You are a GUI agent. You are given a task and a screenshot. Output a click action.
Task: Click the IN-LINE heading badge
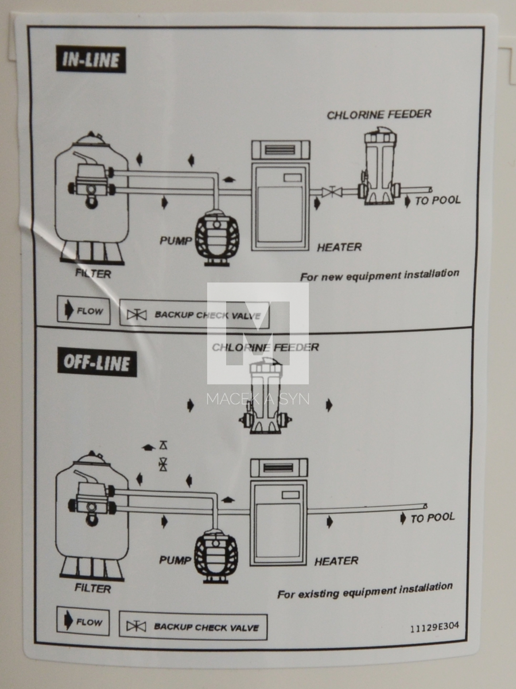pos(91,60)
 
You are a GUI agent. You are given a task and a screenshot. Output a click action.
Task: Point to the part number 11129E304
pos(434,628)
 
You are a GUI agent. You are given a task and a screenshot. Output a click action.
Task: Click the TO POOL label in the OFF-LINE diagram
pos(432,517)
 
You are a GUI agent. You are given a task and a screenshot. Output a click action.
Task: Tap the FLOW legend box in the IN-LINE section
pos(83,311)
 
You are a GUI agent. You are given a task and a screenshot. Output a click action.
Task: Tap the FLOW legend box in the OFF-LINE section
pos(83,622)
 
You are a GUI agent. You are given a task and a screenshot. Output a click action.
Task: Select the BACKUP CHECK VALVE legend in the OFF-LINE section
pos(193,626)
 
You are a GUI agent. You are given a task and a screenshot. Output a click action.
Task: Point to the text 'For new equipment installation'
pos(379,275)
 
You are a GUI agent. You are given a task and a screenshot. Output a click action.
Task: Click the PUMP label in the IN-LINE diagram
pos(176,240)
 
